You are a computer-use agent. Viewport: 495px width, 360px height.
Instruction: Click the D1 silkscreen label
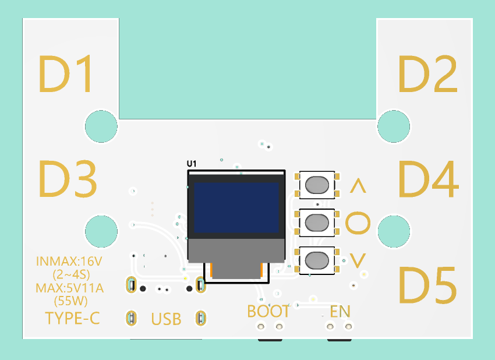(x=66, y=74)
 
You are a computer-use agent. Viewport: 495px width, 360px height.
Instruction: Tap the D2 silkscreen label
(x=428, y=74)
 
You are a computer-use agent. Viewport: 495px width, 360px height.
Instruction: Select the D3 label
(x=68, y=179)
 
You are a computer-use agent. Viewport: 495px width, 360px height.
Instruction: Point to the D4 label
(x=429, y=179)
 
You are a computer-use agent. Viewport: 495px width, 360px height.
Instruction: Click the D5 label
(x=428, y=285)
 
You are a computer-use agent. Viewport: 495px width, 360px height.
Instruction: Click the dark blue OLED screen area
(x=236, y=207)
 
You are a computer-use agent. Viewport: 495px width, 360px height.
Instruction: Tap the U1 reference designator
(x=192, y=164)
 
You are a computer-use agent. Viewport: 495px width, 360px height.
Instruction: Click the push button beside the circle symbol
(x=317, y=223)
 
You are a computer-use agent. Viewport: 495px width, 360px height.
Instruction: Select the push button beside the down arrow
(x=317, y=260)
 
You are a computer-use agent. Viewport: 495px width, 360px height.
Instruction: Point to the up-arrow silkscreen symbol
(x=358, y=186)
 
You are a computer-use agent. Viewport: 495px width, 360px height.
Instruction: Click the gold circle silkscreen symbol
(x=358, y=223)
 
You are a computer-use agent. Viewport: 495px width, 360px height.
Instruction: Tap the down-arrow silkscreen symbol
(x=358, y=261)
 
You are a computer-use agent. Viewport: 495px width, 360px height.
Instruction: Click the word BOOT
(x=268, y=312)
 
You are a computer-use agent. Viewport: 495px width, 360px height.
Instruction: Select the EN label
(x=340, y=312)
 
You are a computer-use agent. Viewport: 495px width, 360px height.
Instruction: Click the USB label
(x=166, y=319)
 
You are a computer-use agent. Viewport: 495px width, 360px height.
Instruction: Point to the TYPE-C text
(x=73, y=318)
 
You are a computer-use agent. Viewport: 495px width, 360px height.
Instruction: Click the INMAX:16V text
(x=69, y=262)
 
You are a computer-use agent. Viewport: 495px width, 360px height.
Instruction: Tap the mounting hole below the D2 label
(x=394, y=126)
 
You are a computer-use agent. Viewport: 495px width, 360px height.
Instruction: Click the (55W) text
(x=70, y=301)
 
